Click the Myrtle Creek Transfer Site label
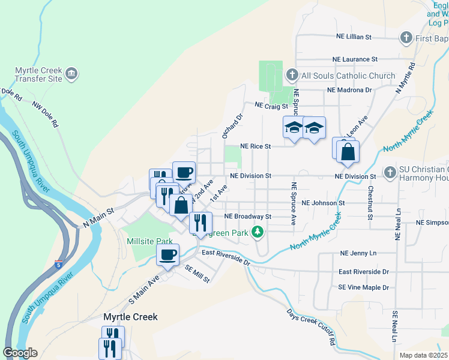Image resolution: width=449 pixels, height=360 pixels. pos(38,74)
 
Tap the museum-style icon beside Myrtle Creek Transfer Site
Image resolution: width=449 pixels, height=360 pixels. pos(72,74)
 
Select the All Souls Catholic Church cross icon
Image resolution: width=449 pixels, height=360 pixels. pos(292,76)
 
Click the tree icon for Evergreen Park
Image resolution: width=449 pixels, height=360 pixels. pos(258,232)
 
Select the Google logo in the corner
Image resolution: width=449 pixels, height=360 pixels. pos(20,353)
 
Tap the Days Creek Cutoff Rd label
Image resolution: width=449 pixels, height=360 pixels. pos(310,327)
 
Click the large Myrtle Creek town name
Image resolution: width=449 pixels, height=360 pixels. pos(130,316)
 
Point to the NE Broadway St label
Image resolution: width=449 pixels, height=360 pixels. pos(248,216)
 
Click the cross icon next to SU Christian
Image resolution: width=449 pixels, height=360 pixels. pos(390,172)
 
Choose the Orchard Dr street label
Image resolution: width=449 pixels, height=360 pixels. pos(231,126)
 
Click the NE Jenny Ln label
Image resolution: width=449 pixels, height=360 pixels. pos(358,254)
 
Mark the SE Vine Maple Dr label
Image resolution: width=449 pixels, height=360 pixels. pos(363,287)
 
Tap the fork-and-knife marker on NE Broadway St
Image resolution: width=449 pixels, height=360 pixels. pos(200,222)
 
